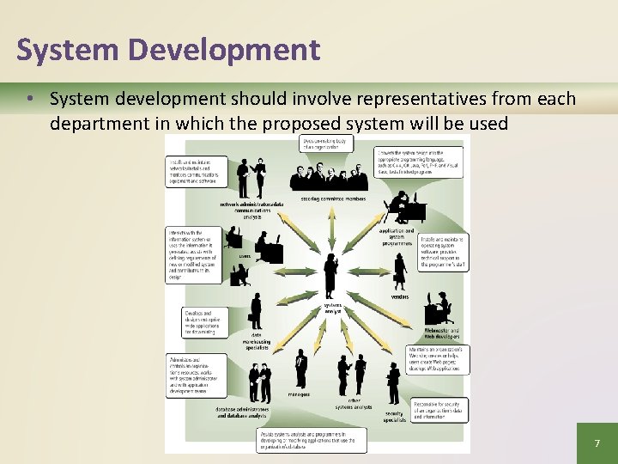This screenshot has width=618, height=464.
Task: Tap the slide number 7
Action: point(597,443)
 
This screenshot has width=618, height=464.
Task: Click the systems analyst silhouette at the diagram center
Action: point(331,275)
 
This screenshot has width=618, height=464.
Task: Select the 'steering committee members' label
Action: point(333,198)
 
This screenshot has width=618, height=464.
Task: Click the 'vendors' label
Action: point(400,296)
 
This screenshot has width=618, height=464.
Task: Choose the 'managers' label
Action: point(300,394)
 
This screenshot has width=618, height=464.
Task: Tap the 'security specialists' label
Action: point(394,417)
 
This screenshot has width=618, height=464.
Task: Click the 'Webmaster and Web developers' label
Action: point(442,334)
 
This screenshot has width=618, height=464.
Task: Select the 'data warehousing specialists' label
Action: point(256,341)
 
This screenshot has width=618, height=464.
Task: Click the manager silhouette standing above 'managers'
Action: point(300,368)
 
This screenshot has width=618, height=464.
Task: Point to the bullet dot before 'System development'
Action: point(30,99)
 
